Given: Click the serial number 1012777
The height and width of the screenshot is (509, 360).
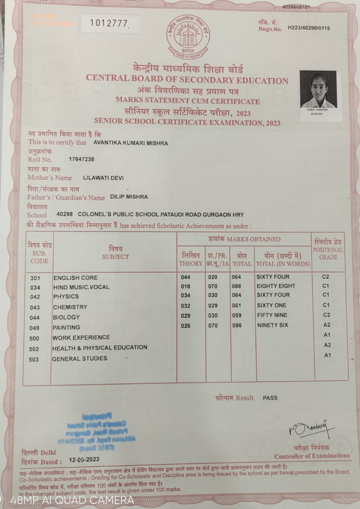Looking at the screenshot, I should tap(110, 23).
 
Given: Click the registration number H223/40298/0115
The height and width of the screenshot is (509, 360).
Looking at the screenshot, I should tap(306, 28).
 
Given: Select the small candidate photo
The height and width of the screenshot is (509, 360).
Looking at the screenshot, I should tap(318, 91).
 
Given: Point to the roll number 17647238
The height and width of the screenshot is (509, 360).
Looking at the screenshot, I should tap(82, 159).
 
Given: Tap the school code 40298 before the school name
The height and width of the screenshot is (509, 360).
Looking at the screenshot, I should tap(64, 214).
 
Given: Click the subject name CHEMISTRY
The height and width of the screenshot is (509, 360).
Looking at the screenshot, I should tap(70, 307).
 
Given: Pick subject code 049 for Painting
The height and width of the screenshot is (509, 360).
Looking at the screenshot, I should tap(35, 328).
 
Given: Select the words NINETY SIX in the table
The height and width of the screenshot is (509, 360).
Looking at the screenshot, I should tap(272, 325).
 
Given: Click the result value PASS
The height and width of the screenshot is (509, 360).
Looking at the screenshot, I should tap(270, 398).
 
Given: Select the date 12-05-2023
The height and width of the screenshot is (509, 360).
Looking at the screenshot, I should tap(84, 459).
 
